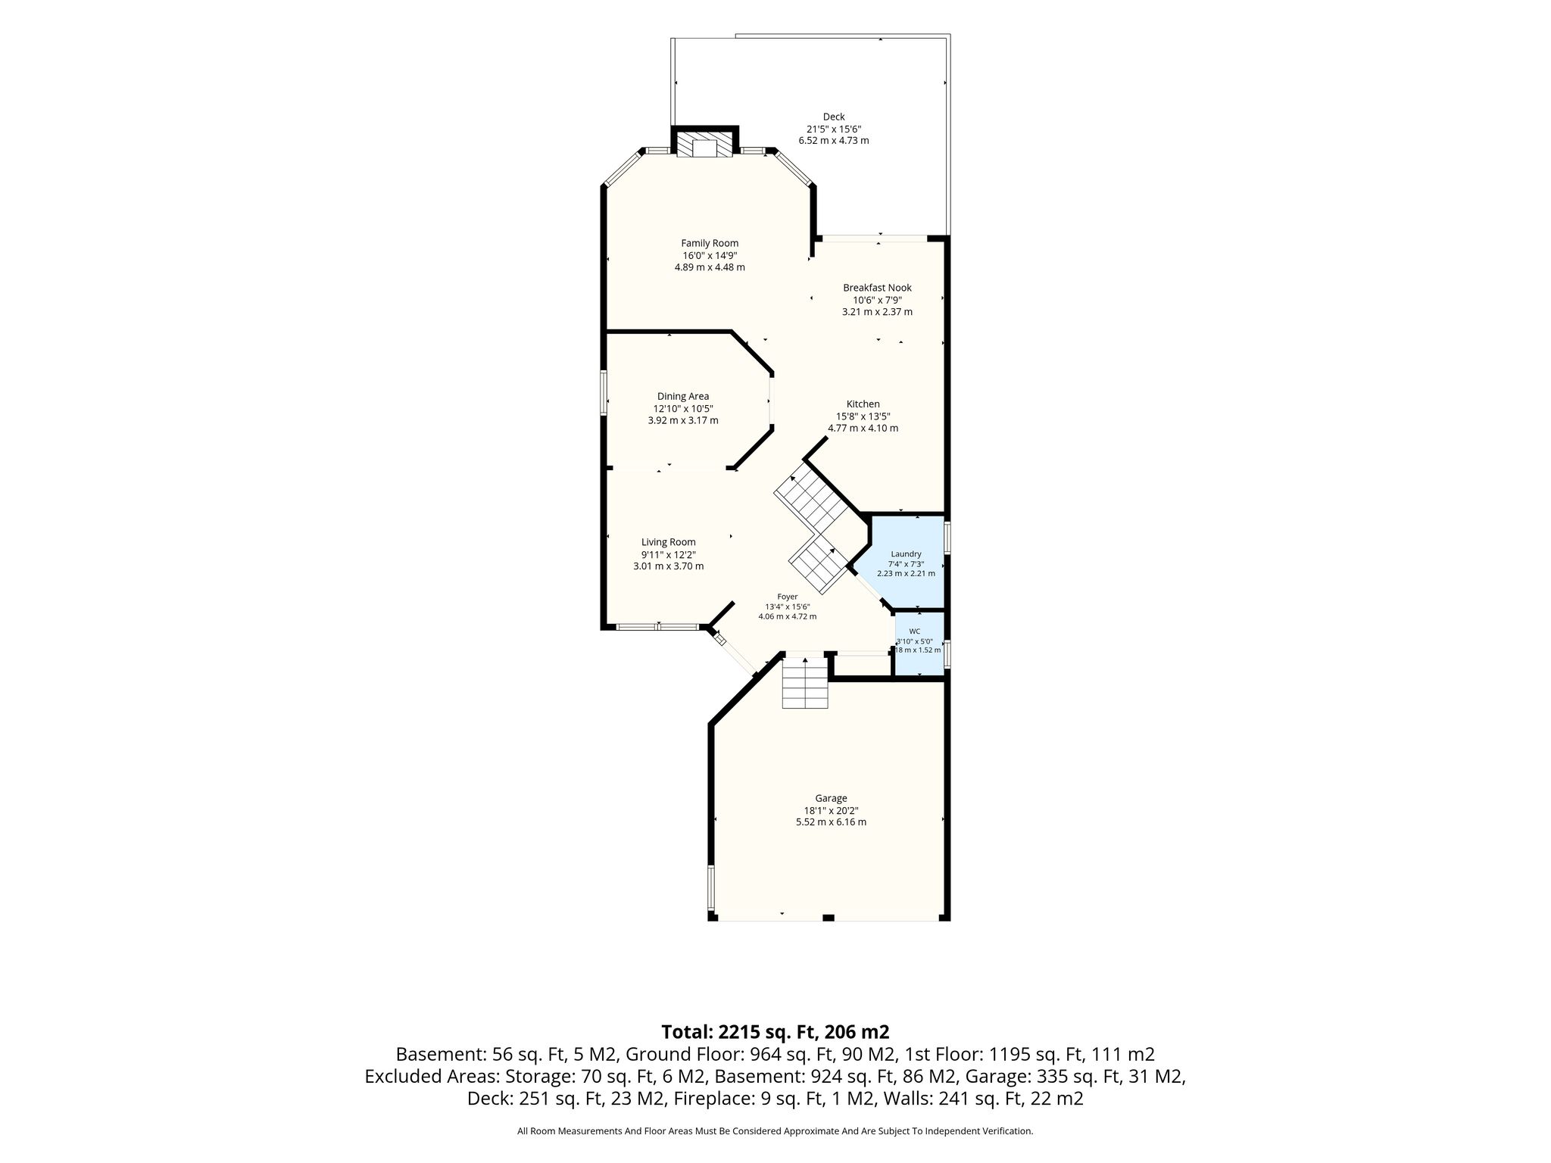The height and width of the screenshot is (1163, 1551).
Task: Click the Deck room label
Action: coord(834,117)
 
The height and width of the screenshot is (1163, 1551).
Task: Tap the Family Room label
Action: coord(710,243)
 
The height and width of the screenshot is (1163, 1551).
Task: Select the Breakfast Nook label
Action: coord(877,288)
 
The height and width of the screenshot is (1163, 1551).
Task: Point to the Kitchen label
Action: coord(863,404)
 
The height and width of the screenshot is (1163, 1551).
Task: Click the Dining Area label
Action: coord(683,396)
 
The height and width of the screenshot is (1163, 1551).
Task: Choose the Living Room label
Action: coord(669,542)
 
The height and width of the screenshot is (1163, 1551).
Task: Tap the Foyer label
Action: coord(788,597)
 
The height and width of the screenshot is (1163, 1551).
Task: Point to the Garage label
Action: coord(831,798)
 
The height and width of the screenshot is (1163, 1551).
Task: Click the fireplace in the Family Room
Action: coord(705,145)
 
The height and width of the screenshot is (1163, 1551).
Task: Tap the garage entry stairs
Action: coord(805,683)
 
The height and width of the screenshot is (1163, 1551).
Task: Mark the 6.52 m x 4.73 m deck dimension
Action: coord(834,141)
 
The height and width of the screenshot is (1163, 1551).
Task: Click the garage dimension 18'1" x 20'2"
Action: coord(831,810)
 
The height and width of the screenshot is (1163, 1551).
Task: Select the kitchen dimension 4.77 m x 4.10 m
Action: coord(863,429)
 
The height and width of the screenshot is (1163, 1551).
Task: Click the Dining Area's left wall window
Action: coord(604,392)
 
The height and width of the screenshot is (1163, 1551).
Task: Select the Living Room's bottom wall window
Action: coord(657,627)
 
